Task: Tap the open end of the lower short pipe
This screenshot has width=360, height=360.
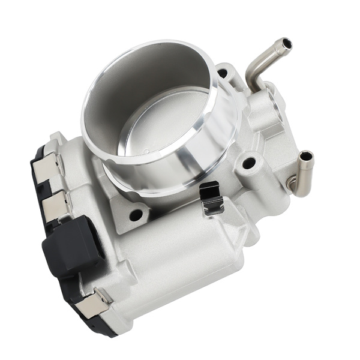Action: (307, 157)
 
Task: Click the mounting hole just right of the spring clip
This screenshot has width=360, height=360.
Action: (248, 163)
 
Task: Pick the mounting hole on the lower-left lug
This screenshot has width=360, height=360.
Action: (136, 214)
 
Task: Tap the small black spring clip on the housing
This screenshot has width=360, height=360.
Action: (211, 198)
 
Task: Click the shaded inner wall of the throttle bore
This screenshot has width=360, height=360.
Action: (132, 90)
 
